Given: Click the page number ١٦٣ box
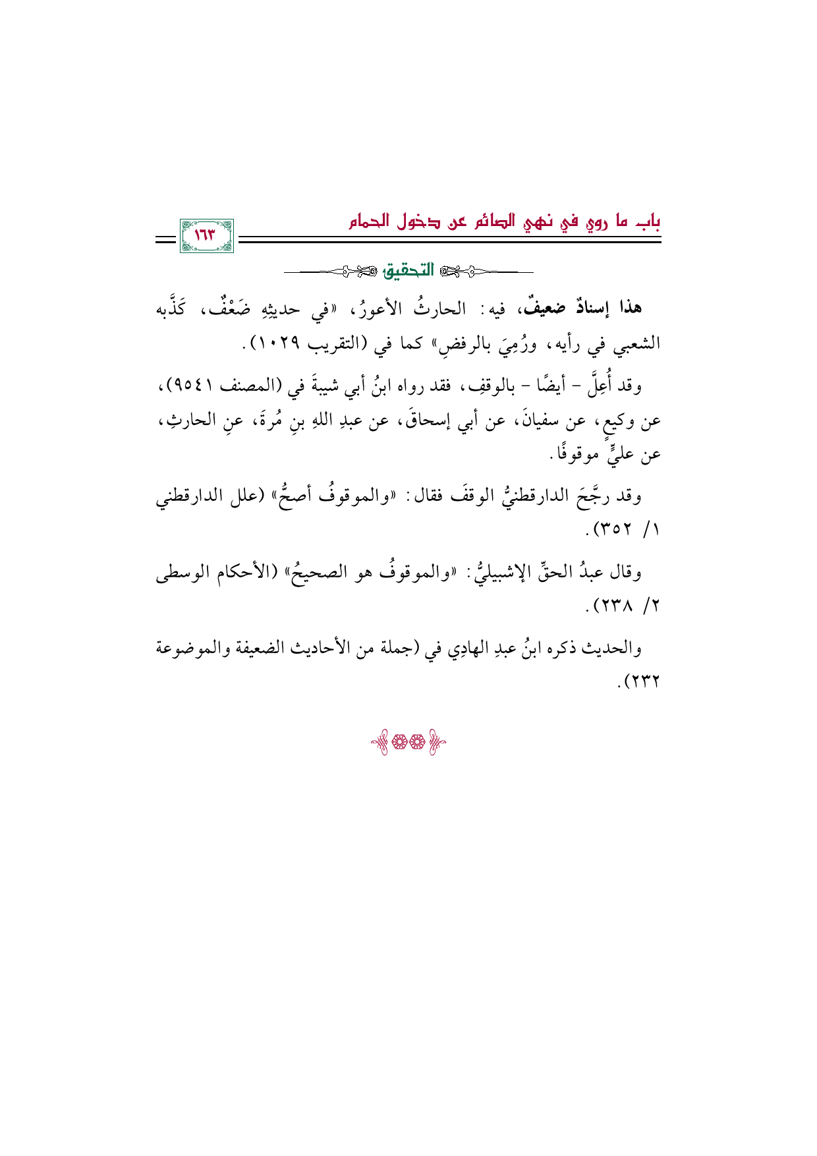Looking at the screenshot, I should pos(206,236).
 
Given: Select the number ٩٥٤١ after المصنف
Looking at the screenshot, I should pos(199,386).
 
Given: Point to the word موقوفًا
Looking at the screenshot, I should pos(578,454).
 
